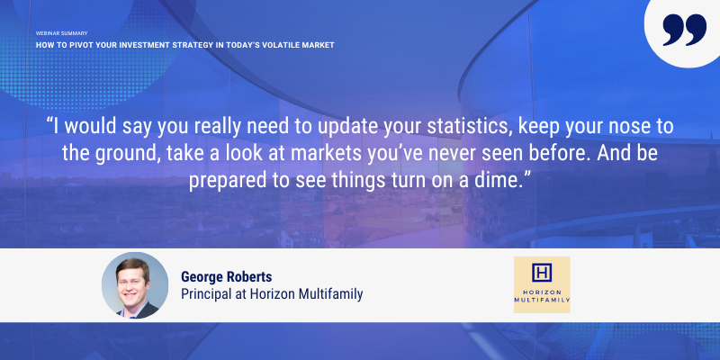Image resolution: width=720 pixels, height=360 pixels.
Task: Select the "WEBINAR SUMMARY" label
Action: click(61, 33)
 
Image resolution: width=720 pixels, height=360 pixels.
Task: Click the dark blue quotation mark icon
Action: click(684, 30)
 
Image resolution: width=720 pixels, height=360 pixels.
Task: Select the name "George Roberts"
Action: click(227, 277)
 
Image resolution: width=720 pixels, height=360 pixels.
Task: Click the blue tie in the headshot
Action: click(132, 316)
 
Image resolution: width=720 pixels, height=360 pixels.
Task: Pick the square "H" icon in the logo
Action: click(542, 273)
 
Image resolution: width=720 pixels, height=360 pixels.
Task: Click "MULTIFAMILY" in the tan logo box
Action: click(542, 300)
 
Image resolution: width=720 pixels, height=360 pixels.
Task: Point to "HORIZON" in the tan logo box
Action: click(542, 292)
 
